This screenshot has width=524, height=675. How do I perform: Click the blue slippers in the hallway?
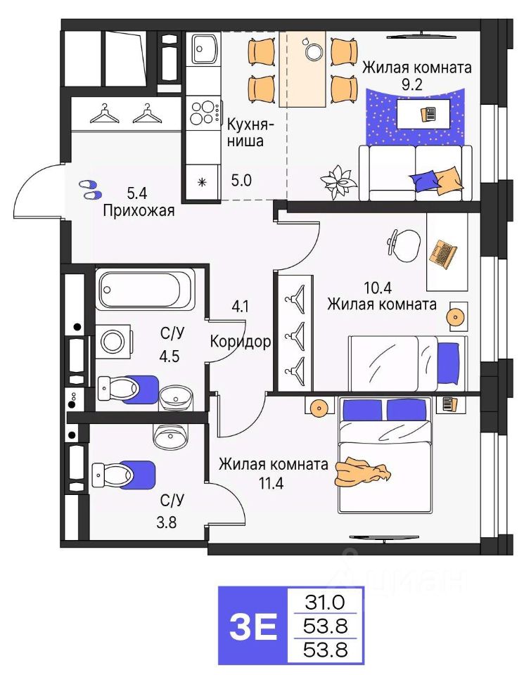(x=90, y=189)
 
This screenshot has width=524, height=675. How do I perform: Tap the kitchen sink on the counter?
(x=204, y=49)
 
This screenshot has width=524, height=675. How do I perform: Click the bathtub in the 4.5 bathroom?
(x=144, y=288)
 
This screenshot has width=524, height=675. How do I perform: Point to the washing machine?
(x=114, y=342)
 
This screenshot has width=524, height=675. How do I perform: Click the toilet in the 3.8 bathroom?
(x=124, y=475)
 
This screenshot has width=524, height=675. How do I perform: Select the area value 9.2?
(x=411, y=84)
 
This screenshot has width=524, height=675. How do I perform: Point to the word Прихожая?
(x=139, y=211)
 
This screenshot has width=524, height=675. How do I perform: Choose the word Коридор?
(x=241, y=342)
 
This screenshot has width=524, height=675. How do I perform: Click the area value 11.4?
(x=271, y=484)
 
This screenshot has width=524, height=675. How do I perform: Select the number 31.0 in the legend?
(x=325, y=602)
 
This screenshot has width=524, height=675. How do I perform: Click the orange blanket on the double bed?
(x=362, y=472)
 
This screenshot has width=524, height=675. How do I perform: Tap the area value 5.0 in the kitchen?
(x=241, y=181)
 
